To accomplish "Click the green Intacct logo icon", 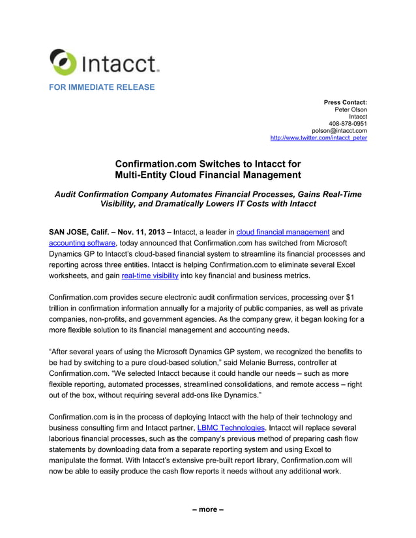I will [63, 62].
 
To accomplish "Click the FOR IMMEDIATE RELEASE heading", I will [102, 87].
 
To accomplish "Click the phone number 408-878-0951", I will [348, 124].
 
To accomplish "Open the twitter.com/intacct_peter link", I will [318, 138].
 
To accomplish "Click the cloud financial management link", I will [283, 231].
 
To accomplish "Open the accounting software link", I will [82, 243].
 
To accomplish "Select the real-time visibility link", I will [149, 276].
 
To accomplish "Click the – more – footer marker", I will [207, 509].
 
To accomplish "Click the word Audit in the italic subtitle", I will [67, 194].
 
